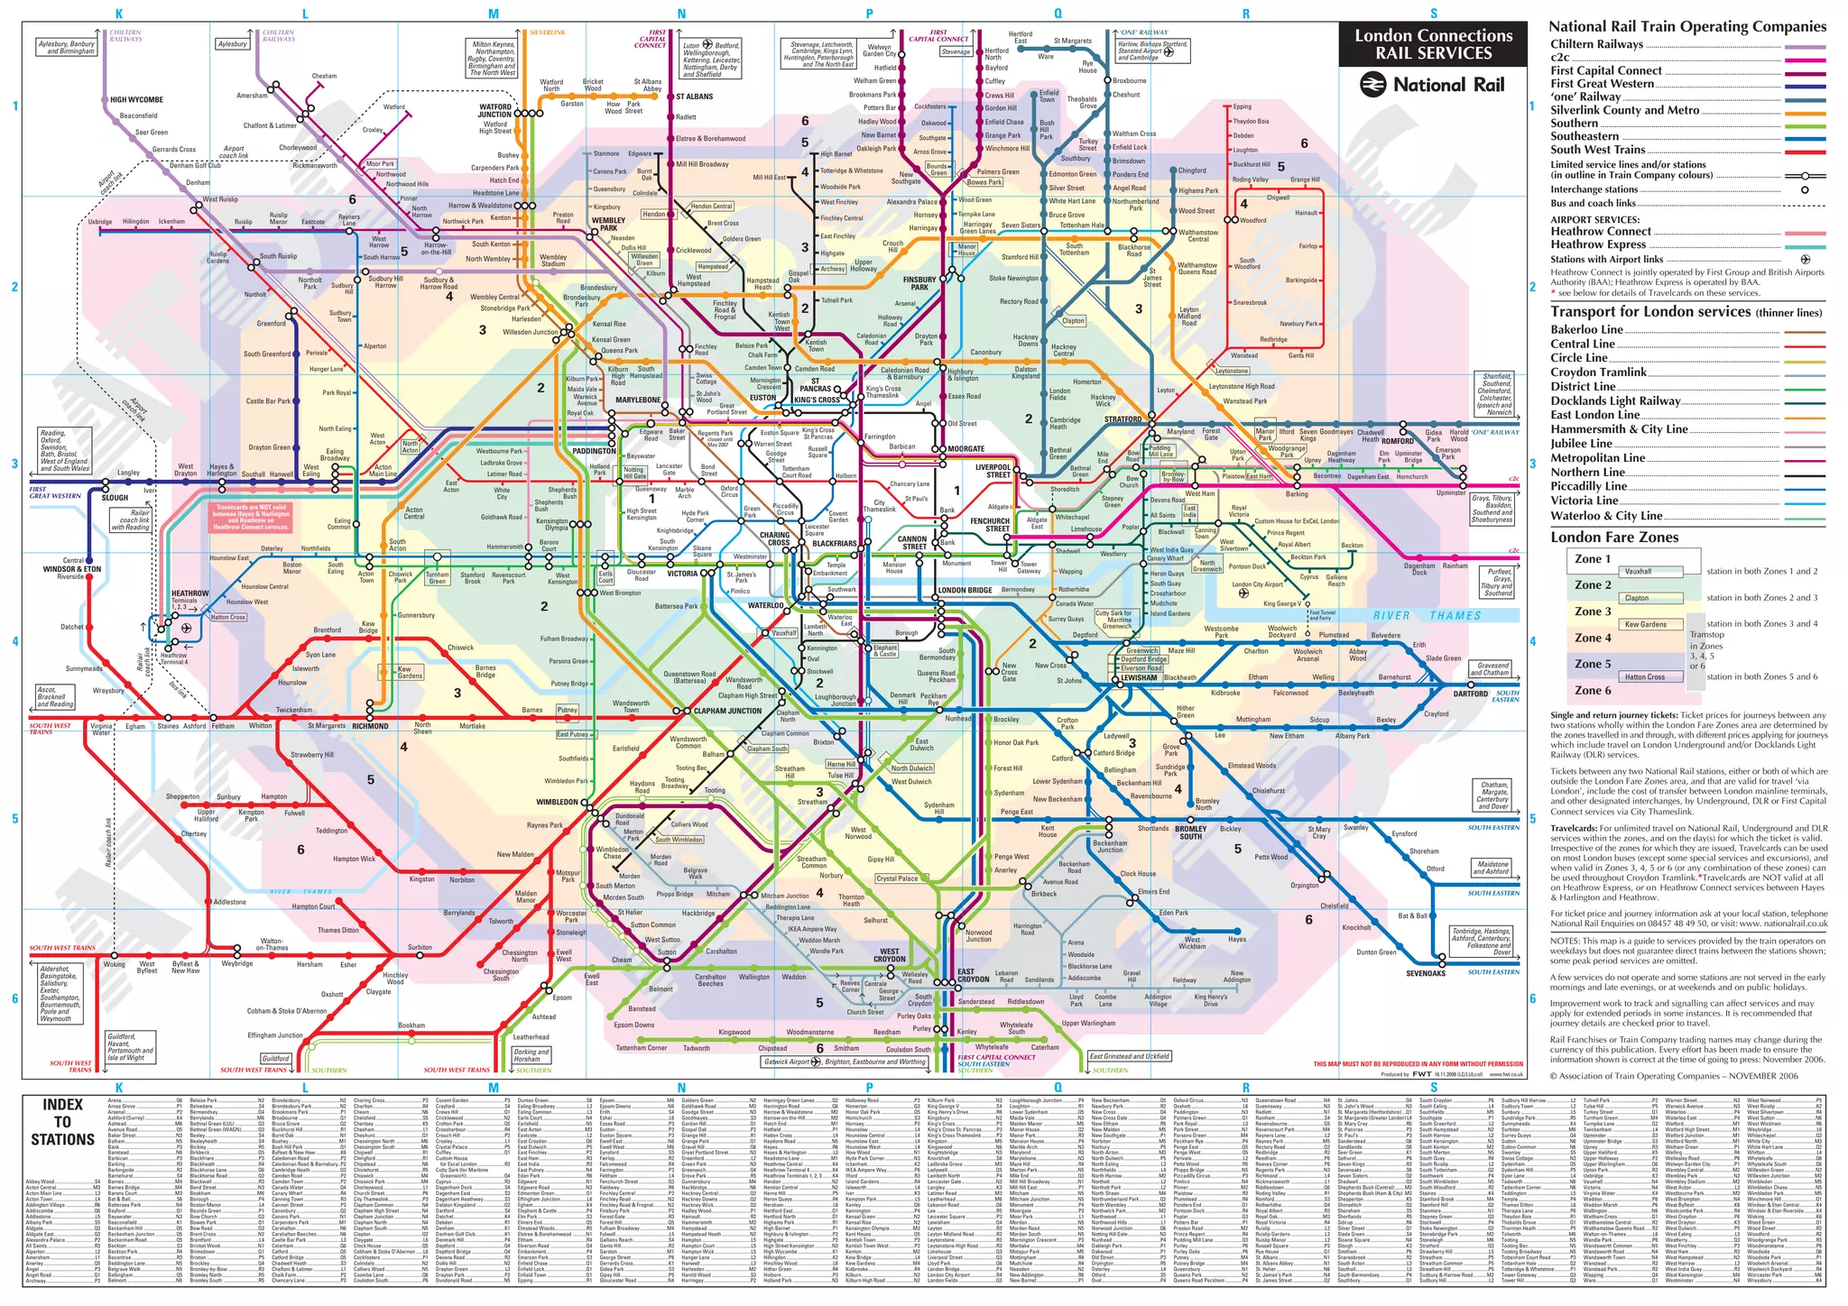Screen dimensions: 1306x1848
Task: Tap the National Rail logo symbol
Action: click(x=1374, y=85)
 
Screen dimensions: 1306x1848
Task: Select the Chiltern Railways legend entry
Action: click(x=1596, y=44)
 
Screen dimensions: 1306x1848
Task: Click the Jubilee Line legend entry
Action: click(x=1581, y=444)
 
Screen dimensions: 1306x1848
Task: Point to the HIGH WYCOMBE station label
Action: click(x=136, y=100)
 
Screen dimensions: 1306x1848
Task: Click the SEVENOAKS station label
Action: click(x=1425, y=973)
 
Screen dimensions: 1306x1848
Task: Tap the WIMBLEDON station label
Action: click(x=557, y=802)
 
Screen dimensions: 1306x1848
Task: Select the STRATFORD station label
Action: click(x=1123, y=419)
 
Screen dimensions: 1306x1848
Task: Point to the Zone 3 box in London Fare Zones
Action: click(x=1593, y=612)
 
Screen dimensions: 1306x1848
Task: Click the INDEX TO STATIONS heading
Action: click(x=62, y=1122)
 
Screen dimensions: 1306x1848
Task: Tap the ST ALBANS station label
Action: click(x=694, y=97)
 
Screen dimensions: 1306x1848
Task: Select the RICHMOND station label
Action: click(x=370, y=726)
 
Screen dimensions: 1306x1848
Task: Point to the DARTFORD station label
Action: click(x=1470, y=694)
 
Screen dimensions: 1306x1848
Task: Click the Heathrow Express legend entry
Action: click(x=1598, y=244)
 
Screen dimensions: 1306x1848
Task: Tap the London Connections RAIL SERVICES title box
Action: click(x=1433, y=44)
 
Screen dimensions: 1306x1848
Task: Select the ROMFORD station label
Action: click(x=1398, y=442)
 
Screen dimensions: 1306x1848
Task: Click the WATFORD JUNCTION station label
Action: click(x=494, y=111)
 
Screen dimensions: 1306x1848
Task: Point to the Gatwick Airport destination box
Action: click(x=786, y=1062)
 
